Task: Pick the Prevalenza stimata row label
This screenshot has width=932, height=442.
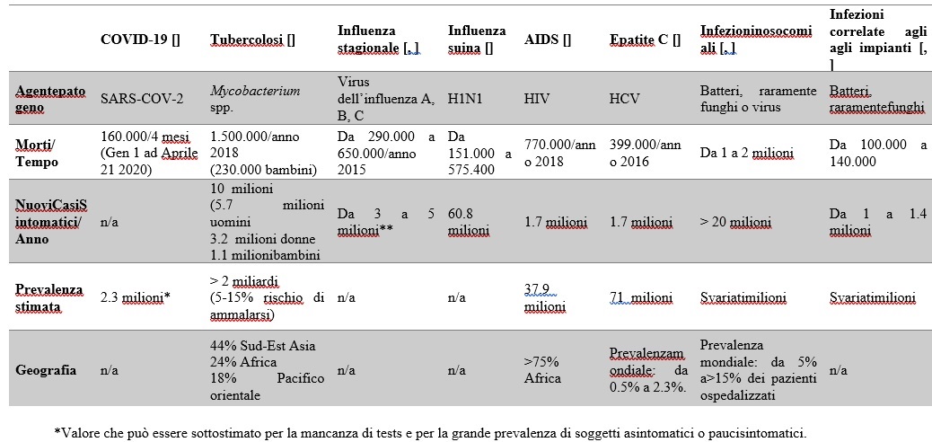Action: click(51, 296)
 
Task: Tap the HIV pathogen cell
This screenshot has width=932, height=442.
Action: click(536, 99)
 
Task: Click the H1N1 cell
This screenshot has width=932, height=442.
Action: click(464, 99)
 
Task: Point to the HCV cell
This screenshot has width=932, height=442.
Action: click(624, 99)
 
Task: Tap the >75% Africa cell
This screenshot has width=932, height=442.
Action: click(541, 369)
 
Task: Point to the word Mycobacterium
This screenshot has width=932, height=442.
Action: click(255, 91)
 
